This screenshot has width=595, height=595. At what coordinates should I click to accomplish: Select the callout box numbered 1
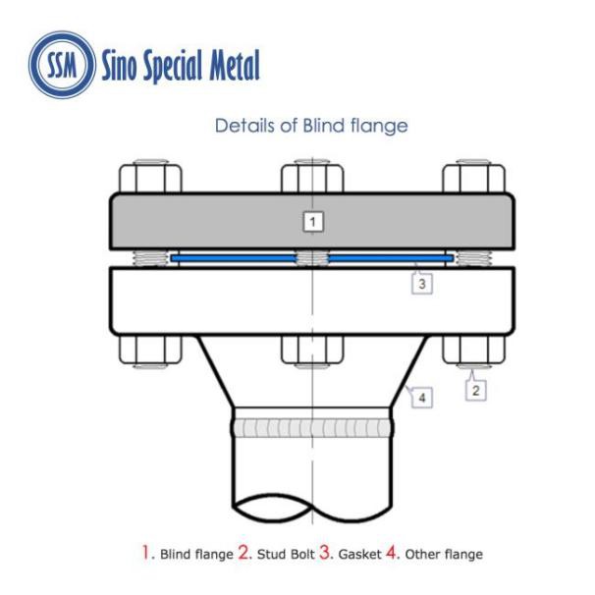pyautogui.click(x=311, y=222)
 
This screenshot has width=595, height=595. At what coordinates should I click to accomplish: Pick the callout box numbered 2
pyautogui.click(x=475, y=390)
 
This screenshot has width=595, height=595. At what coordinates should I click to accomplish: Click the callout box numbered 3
pyautogui.click(x=420, y=284)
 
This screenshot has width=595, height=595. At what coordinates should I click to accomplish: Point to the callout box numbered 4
pyautogui.click(x=421, y=398)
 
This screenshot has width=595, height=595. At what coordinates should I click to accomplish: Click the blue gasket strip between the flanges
pyautogui.click(x=236, y=259)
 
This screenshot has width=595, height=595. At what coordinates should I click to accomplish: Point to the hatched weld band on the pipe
pyautogui.click(x=312, y=427)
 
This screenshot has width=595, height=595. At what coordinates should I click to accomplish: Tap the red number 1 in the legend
pyautogui.click(x=143, y=553)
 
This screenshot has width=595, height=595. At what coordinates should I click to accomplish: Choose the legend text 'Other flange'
pyautogui.click(x=443, y=555)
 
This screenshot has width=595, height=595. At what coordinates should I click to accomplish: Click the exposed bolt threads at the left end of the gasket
pyautogui.click(x=150, y=259)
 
